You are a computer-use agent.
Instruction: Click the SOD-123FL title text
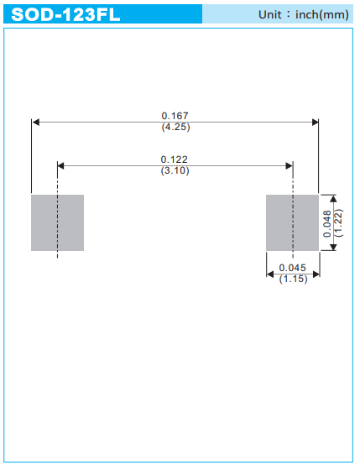[x=65, y=14]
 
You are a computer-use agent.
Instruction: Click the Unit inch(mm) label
[x=304, y=14]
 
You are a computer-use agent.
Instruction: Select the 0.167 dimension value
[x=175, y=116]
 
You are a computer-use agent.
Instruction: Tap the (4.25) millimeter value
[x=175, y=127]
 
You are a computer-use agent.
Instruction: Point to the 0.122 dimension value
[x=174, y=159]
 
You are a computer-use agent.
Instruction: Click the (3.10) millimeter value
[x=175, y=170]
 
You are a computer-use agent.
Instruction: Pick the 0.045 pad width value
[x=292, y=268]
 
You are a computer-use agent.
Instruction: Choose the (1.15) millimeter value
[x=293, y=279]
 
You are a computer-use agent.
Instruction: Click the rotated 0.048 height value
[x=327, y=224]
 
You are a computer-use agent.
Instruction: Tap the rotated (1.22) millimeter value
[x=338, y=223]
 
